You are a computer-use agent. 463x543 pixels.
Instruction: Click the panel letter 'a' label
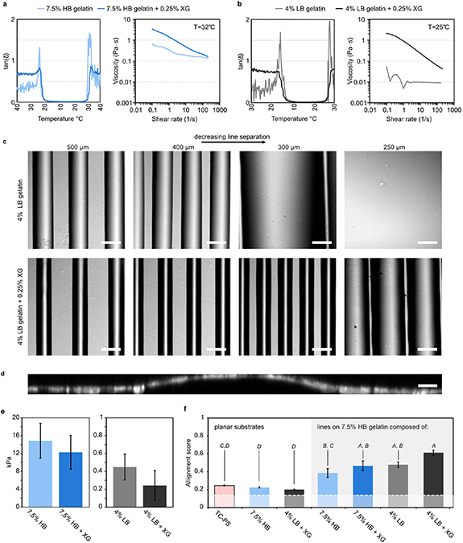point(5,4)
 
